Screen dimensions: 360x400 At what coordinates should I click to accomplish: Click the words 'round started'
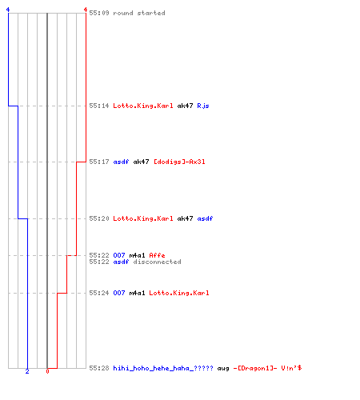point(139,13)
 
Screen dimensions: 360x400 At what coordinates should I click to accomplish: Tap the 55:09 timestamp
point(99,13)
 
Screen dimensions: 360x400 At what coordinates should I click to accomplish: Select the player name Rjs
point(203,106)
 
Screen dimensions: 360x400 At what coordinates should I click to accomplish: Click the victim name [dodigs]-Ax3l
point(179,162)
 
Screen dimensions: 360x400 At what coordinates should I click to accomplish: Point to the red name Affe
point(157,255)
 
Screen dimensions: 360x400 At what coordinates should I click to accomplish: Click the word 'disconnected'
point(157,262)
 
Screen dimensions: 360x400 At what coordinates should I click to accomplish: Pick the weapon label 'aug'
point(223,369)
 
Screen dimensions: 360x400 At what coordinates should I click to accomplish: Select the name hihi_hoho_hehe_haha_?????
point(163,368)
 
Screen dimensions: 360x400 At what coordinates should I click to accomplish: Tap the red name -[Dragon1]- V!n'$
point(267,368)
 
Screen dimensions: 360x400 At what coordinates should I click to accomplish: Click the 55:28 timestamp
point(99,368)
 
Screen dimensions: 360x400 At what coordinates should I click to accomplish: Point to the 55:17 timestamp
point(99,162)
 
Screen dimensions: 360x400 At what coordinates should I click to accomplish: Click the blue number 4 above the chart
point(8,10)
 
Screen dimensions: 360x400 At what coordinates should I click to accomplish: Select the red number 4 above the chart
point(86,10)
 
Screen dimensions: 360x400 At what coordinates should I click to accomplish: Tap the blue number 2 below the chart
point(27,371)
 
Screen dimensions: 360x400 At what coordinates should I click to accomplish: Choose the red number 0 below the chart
point(47,371)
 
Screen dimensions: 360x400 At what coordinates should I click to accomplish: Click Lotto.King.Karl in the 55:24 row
point(179,293)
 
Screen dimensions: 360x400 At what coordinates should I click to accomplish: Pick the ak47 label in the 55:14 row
point(185,106)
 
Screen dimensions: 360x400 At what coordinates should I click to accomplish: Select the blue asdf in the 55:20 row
point(205,218)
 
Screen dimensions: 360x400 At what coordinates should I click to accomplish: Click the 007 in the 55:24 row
point(119,293)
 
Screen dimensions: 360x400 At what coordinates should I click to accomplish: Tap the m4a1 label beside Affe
point(137,255)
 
